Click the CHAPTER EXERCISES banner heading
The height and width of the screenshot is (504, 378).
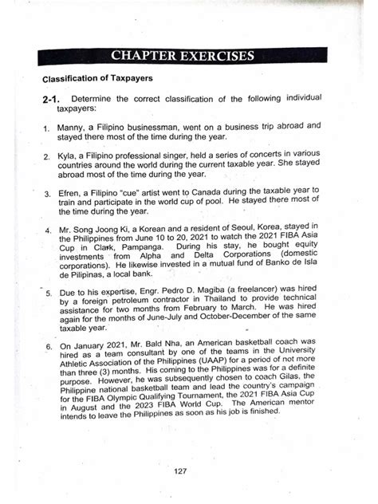[183, 56]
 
